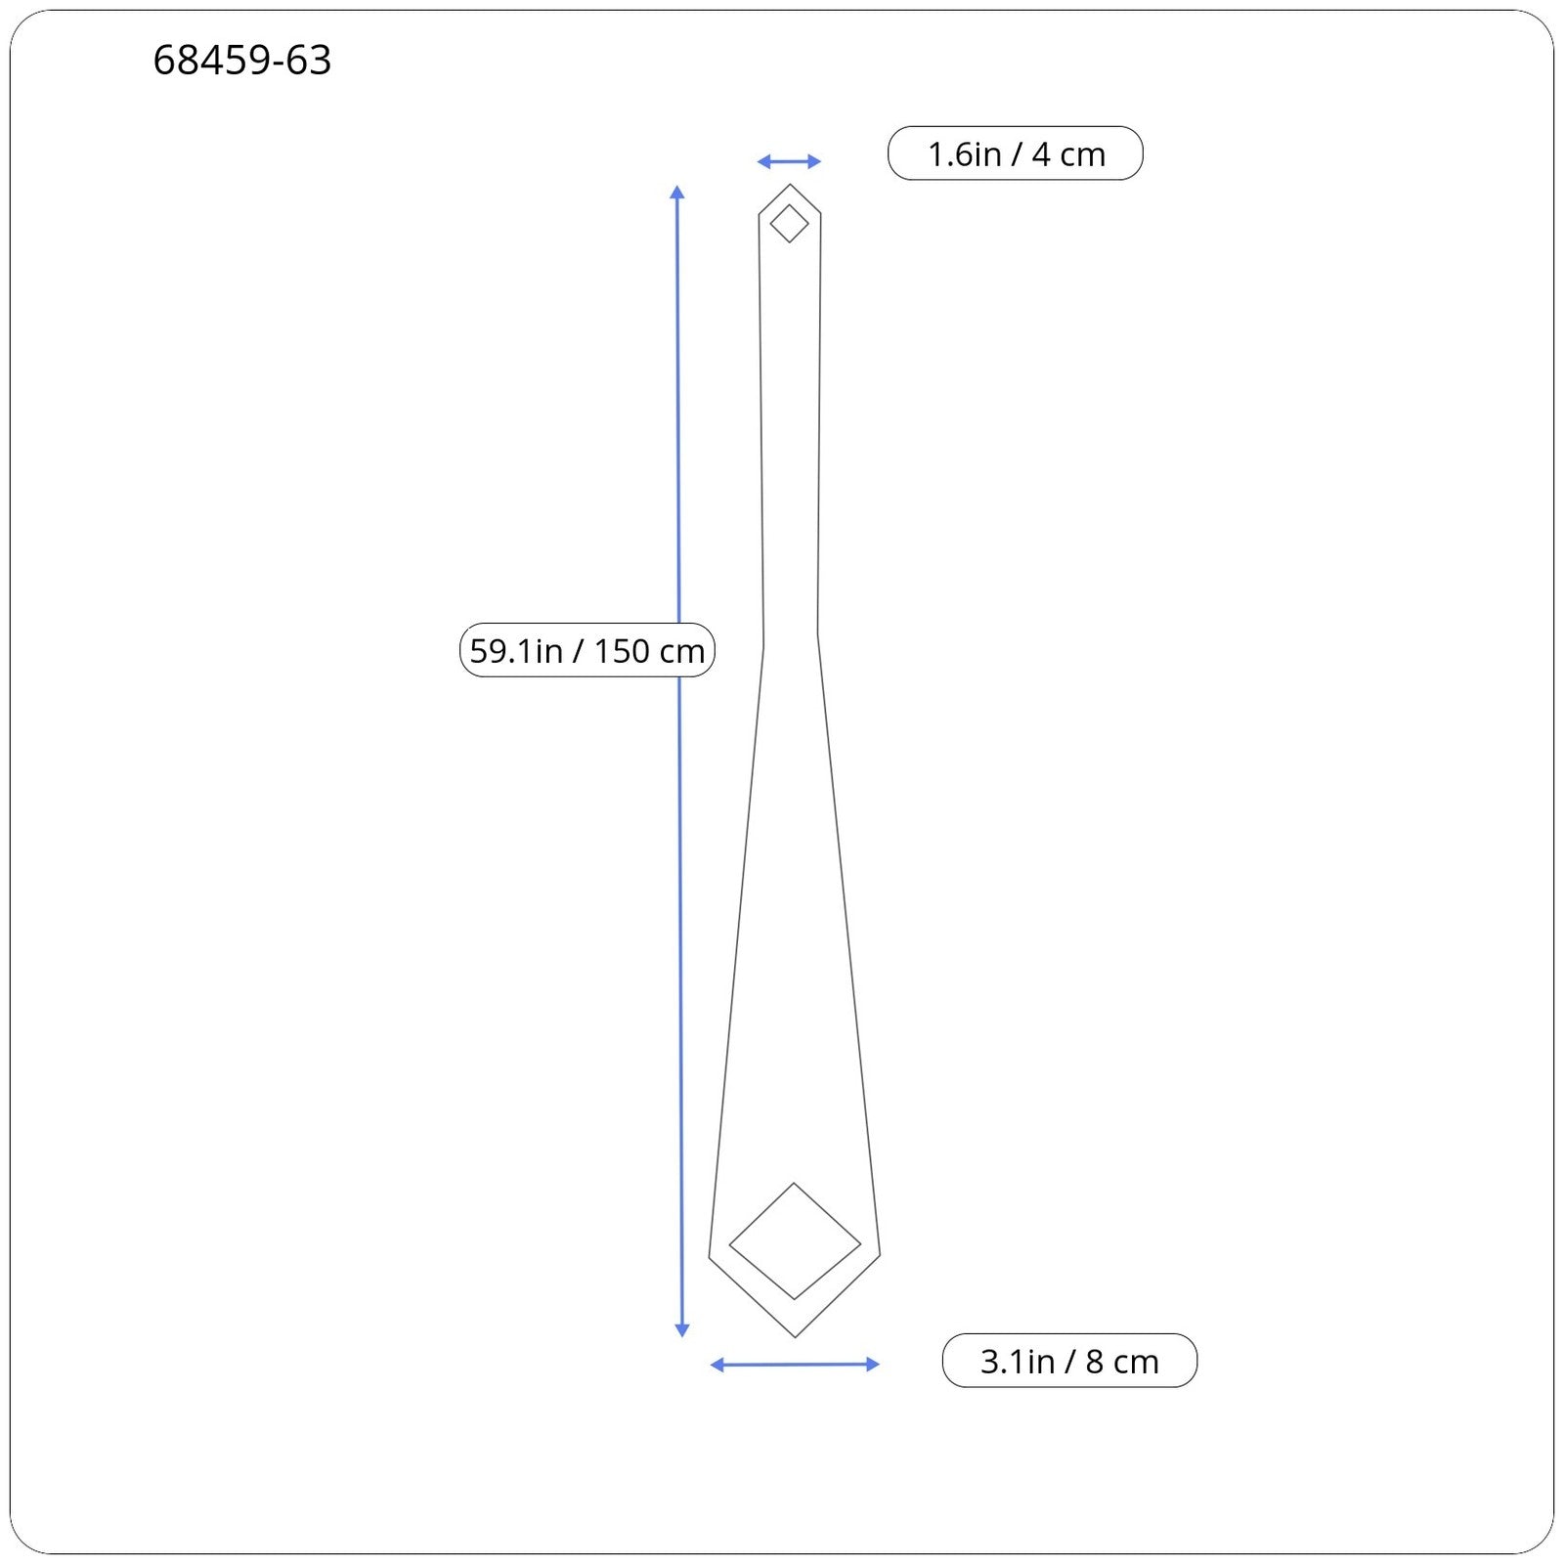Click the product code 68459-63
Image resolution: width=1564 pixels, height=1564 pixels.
(242, 61)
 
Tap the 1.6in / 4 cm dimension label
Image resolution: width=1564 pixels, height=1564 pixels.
(1016, 153)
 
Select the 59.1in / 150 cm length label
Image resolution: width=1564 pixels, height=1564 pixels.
(587, 650)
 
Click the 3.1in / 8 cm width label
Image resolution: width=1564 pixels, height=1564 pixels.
(1069, 1361)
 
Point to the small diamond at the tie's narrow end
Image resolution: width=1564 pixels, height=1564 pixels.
(790, 205)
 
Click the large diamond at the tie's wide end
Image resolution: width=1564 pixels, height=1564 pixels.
(795, 1185)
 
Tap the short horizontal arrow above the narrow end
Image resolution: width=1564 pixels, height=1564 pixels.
(789, 161)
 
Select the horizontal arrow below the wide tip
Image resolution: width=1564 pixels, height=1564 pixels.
(795, 1365)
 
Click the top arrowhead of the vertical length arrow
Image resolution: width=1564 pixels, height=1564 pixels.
(677, 192)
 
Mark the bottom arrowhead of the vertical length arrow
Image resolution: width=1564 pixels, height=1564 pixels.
(682, 1330)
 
